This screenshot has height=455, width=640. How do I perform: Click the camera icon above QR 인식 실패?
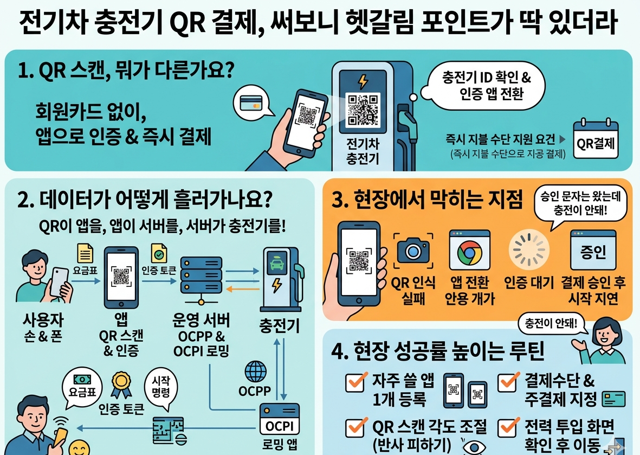point(413,250)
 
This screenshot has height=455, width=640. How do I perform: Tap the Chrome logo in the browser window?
point(469,252)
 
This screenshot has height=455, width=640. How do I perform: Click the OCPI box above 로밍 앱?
point(280,420)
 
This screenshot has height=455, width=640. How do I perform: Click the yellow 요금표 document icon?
point(85,253)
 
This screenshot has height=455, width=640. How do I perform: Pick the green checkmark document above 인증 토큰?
point(159,253)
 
